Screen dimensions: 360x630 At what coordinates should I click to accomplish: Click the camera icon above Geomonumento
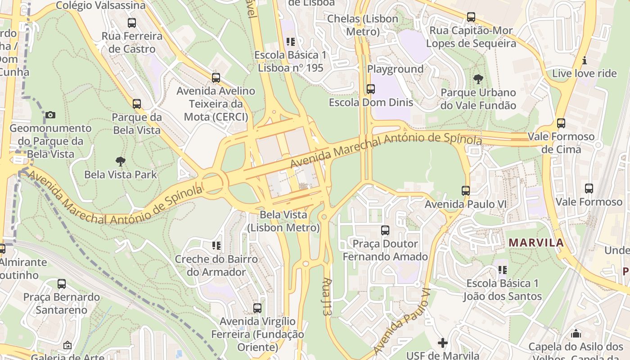click(50, 115)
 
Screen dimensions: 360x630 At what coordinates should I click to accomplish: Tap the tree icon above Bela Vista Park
click(120, 161)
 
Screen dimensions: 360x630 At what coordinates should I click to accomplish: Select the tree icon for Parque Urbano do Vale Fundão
click(478, 80)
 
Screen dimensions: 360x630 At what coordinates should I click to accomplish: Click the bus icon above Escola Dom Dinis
click(370, 89)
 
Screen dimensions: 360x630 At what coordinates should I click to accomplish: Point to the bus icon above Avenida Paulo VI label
click(466, 191)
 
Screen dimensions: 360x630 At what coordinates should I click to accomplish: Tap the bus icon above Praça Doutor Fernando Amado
click(385, 230)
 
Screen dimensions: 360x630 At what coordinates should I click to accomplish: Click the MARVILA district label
click(536, 243)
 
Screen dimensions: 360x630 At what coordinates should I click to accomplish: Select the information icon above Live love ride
click(585, 60)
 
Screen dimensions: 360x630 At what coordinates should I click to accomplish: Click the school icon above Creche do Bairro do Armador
click(216, 246)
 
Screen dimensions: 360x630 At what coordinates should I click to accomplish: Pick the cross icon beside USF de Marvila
click(443, 343)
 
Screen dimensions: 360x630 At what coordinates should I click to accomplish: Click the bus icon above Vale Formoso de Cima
click(561, 123)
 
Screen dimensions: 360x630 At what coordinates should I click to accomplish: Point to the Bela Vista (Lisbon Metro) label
click(283, 221)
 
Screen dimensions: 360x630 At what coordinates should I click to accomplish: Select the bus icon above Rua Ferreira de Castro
click(131, 23)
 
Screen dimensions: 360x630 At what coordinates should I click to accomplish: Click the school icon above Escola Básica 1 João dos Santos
click(502, 270)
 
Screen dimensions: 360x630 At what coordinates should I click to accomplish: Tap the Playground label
click(395, 69)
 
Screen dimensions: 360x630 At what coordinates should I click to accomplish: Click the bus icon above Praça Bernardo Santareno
click(62, 284)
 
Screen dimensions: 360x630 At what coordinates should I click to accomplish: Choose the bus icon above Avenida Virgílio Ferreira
click(257, 308)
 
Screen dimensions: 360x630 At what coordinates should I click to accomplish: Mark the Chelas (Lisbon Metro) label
click(363, 25)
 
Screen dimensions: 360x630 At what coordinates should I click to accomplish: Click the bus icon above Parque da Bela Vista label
click(136, 104)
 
